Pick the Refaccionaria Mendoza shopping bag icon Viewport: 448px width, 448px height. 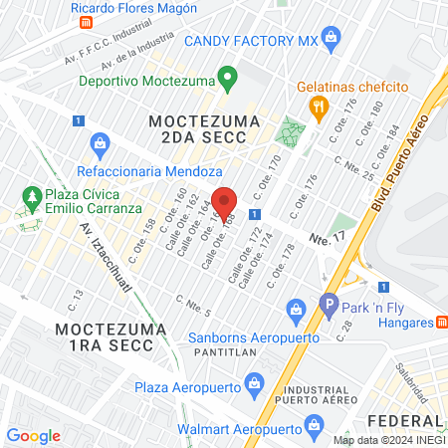point(99,144)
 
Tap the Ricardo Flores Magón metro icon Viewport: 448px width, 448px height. point(86,22)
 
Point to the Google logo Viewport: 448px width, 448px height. point(33,436)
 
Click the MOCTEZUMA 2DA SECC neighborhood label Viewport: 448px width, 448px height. point(205,129)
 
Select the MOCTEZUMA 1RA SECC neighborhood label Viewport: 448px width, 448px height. point(105,336)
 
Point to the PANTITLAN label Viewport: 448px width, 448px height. point(220,351)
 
